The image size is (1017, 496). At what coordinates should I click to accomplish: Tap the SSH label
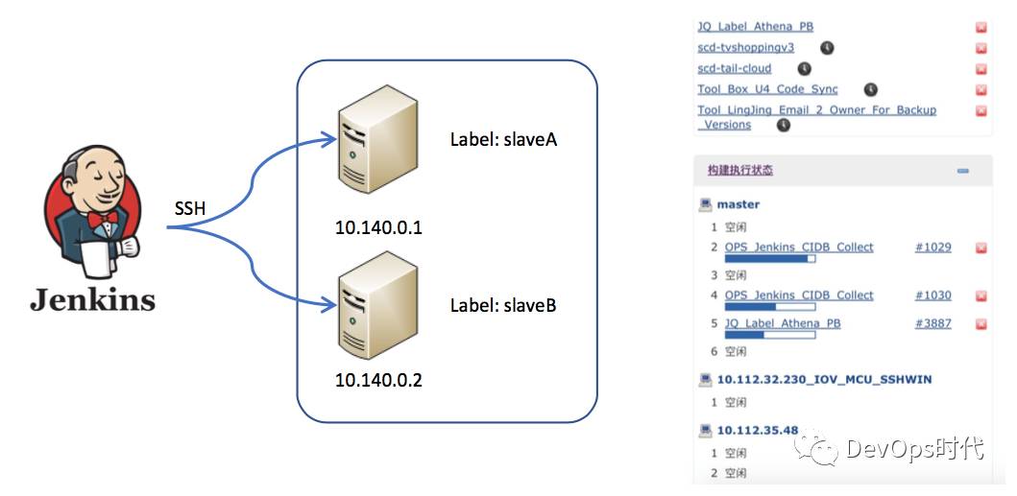189,208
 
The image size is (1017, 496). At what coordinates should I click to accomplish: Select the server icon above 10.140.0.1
377,150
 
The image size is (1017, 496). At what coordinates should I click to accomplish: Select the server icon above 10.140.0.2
377,306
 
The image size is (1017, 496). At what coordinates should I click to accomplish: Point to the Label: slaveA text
503,140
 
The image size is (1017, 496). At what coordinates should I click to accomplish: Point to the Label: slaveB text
503,306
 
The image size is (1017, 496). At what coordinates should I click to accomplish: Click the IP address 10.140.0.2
378,380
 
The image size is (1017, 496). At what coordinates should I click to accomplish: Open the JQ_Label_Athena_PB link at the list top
755,27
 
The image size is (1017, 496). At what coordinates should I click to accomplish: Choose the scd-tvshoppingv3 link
745,47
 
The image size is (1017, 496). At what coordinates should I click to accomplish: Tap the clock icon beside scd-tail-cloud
805,68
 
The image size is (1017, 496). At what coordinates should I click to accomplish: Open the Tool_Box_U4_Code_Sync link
767,89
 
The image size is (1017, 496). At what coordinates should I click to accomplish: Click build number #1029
932,247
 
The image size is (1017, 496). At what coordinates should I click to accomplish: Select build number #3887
932,323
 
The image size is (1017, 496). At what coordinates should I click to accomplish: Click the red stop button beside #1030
981,296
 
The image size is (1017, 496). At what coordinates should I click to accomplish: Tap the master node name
738,204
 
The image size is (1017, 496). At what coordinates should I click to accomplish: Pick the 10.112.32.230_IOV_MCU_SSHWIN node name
824,379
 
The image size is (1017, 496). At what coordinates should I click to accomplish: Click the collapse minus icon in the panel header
962,171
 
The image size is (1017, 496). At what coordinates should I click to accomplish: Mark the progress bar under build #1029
770,258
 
